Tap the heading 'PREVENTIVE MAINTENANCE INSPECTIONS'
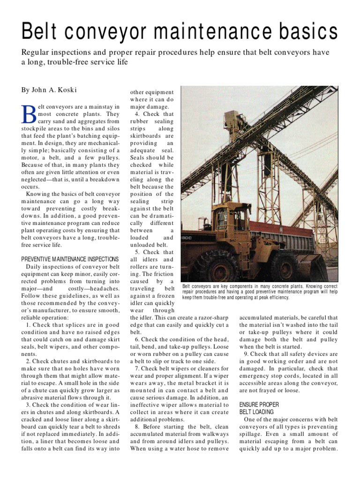[70, 259]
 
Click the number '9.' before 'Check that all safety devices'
[247, 354]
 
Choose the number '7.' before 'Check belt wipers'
[137, 369]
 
